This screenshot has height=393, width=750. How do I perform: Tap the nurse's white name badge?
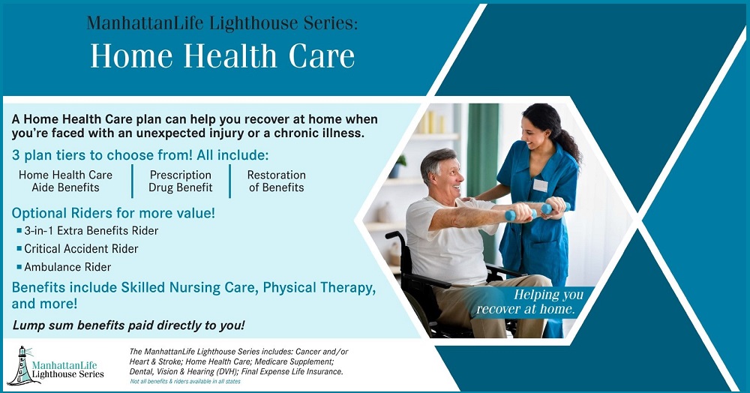click(541, 185)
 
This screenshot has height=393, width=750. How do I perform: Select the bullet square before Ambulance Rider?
click(19, 266)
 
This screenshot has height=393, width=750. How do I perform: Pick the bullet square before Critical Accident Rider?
click(19, 248)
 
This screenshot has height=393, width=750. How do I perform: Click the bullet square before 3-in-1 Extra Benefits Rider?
click(19, 230)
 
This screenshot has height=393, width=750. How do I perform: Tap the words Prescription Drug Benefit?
click(180, 181)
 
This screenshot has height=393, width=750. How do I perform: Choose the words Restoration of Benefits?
click(277, 181)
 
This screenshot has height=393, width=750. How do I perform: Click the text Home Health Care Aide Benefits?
click(65, 181)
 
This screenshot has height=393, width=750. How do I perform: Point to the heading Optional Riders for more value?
click(113, 213)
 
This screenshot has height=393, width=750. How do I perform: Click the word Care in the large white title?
click(322, 56)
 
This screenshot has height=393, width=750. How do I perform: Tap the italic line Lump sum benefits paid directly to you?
click(129, 325)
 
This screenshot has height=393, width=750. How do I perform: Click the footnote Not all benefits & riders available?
click(185, 382)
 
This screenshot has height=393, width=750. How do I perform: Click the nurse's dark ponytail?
click(570, 141)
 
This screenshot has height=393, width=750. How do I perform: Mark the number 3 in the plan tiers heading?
click(16, 155)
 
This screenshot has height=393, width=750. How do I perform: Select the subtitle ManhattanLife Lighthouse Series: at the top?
click(222, 23)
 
